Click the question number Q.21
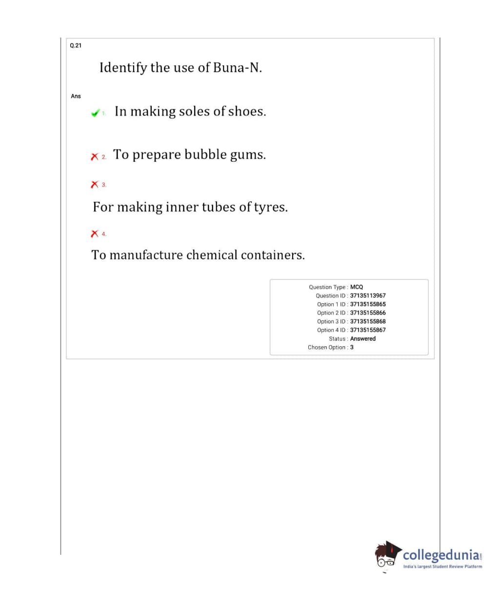76,45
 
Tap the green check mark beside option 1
95,113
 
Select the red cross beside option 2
95,156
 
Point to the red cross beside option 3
95,184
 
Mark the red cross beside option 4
95,233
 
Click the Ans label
76,96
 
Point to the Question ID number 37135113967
368,296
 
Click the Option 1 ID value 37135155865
368,304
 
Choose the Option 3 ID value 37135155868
368,321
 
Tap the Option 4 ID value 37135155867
368,330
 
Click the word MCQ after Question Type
357,287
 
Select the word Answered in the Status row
363,338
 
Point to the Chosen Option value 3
352,347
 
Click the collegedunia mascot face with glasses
386,557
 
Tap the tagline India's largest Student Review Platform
442,567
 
